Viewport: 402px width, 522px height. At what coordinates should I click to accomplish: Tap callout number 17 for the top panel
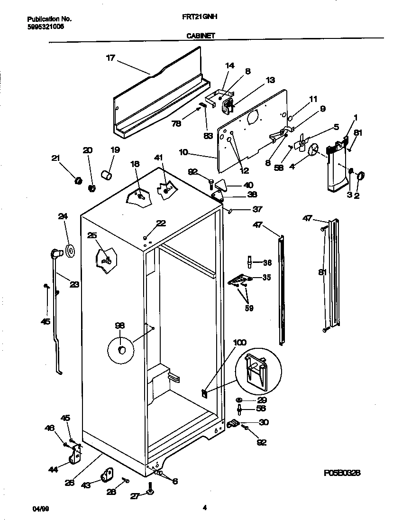coord(110,58)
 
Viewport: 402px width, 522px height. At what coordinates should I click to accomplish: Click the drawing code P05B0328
coord(342,473)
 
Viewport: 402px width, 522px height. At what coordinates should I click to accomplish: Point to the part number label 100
coord(240,343)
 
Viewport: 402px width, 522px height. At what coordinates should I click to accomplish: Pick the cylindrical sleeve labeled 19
coord(108,176)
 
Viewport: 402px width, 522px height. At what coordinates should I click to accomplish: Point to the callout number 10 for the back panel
coord(183,152)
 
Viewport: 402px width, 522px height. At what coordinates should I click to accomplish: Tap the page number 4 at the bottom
coord(204,508)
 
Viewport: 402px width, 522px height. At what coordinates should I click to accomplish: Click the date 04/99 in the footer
coord(41,509)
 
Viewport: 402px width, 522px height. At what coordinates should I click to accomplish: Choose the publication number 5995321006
coord(46,27)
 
